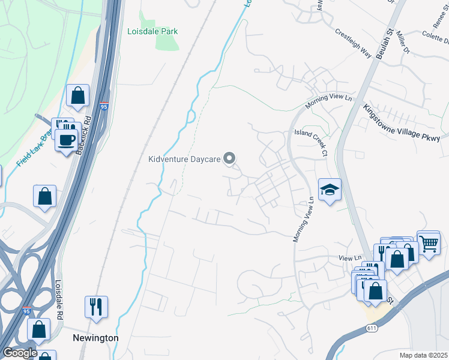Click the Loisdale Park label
coord(152,31)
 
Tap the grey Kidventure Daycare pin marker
coord(229,158)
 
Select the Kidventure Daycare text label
coord(185,159)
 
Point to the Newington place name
coord(95,338)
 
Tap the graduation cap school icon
coord(330,190)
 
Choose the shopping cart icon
coord(429,243)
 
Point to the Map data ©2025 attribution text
coord(423,355)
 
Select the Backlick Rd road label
coord(83,135)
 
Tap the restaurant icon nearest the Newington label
coord(96,307)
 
